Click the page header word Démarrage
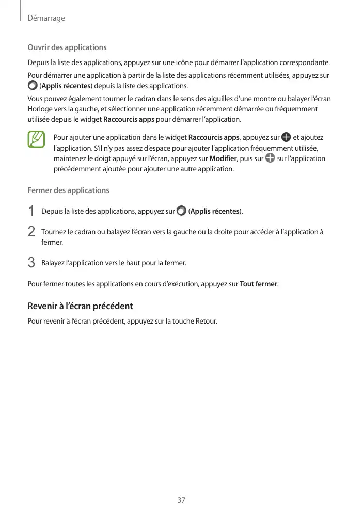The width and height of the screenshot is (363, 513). (46, 18)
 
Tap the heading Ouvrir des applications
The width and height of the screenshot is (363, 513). (67, 47)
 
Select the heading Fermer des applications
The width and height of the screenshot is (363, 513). (68, 190)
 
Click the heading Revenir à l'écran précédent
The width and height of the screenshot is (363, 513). (80, 306)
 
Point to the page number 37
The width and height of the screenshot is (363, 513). (181, 500)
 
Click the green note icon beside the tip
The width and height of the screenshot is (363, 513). (37, 140)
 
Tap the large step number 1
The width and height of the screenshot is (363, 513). (31, 212)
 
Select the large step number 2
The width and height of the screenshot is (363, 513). (31, 232)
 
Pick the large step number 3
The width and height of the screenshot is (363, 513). (31, 263)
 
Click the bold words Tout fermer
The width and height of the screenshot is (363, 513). (259, 284)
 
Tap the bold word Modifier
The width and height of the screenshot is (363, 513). (223, 158)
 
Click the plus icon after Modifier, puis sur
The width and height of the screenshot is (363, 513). (270, 158)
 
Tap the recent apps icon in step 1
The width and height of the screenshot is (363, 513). (181, 211)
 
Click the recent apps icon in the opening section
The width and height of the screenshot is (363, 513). (33, 85)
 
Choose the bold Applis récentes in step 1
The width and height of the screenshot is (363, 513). (215, 212)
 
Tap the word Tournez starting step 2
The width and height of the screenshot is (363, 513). (53, 232)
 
